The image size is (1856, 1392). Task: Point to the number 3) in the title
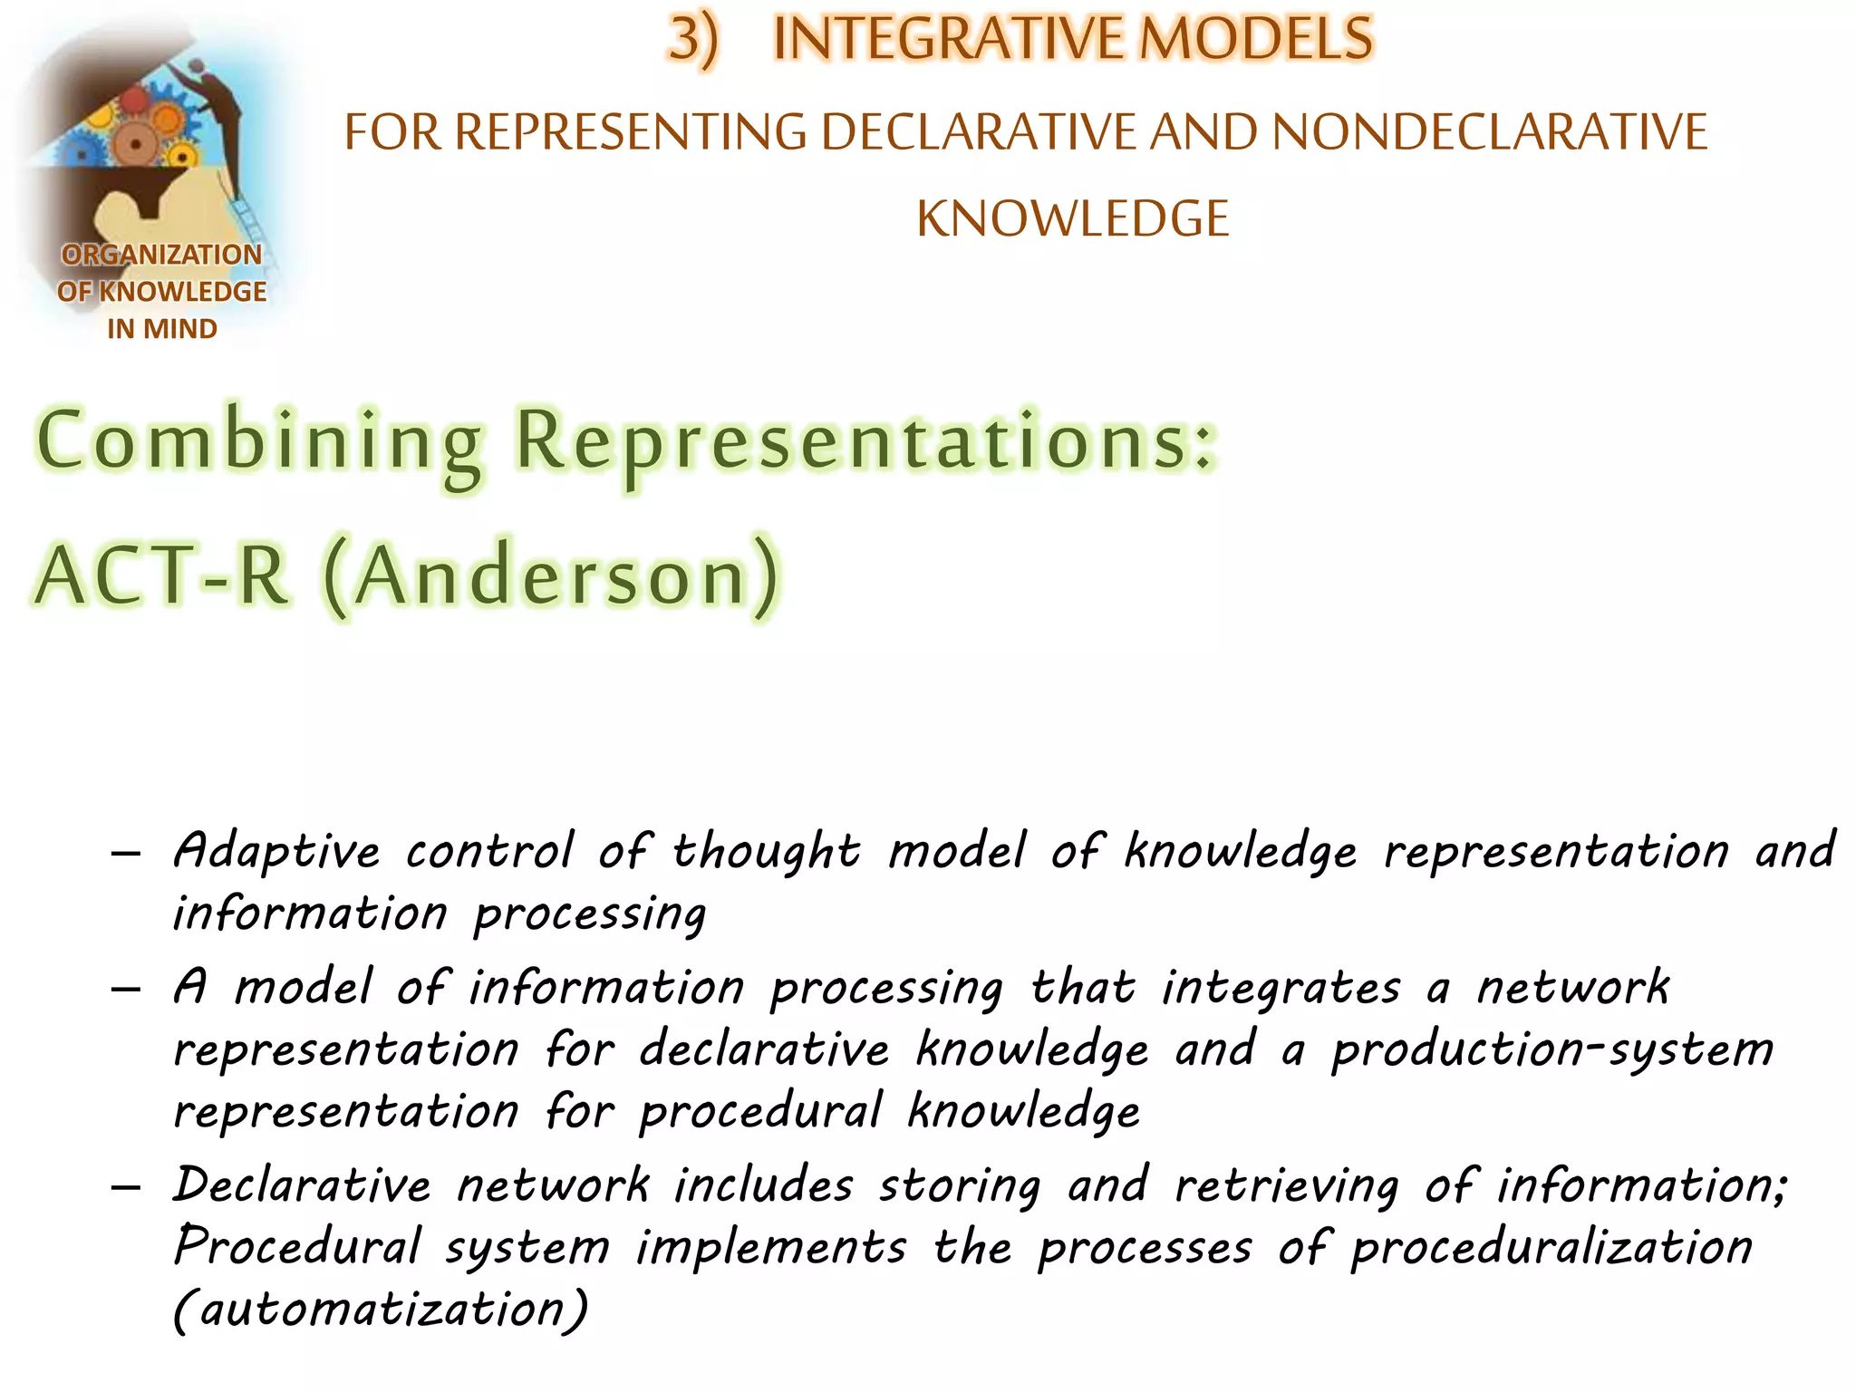pos(693,40)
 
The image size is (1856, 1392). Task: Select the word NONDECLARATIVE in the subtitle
pos(1490,131)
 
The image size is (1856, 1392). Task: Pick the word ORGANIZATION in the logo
pos(162,255)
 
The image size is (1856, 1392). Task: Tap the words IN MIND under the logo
pos(162,328)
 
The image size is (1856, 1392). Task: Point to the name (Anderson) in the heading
pos(552,576)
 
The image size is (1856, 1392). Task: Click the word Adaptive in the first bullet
pos(277,852)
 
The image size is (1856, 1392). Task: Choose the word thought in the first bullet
pos(766,852)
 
